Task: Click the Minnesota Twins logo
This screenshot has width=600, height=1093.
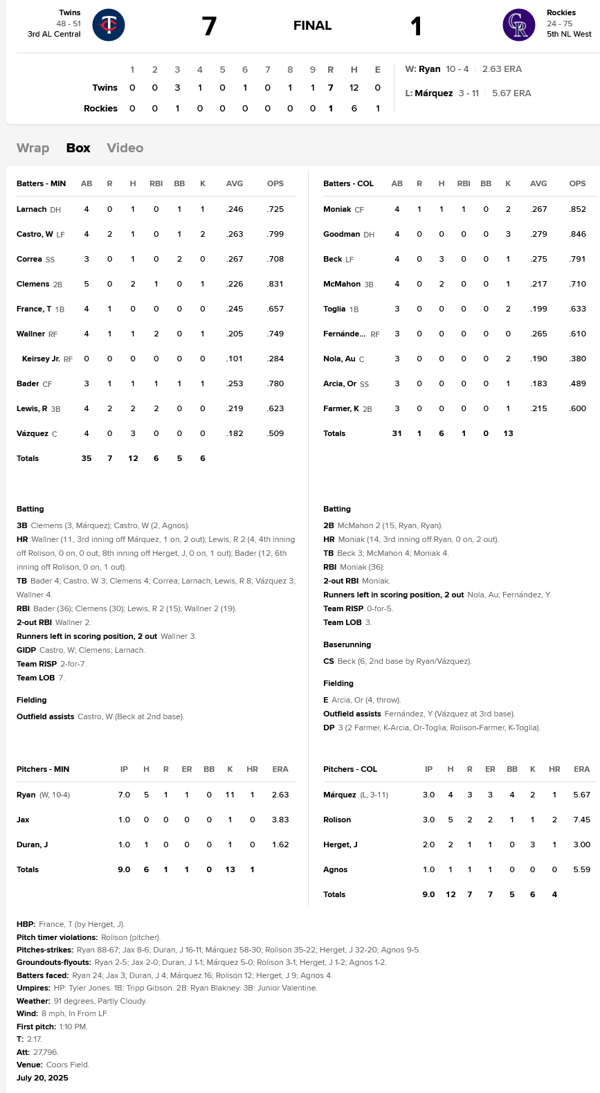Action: click(x=109, y=25)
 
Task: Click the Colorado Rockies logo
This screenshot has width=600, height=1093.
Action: click(x=518, y=25)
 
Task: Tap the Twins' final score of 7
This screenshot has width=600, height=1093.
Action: click(x=209, y=26)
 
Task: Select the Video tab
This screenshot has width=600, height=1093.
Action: click(x=125, y=148)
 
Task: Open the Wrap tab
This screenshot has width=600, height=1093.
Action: click(x=33, y=148)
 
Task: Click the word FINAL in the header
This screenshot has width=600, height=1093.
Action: click(x=312, y=26)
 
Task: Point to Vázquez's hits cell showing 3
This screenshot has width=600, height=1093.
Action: click(x=133, y=433)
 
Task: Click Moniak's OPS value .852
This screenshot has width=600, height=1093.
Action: click(x=577, y=209)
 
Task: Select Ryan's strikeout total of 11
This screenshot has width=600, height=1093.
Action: click(x=230, y=795)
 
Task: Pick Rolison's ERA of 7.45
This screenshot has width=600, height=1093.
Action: click(x=581, y=820)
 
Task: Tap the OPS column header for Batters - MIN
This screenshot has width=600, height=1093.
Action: click(x=275, y=183)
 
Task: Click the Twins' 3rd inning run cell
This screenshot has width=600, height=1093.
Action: click(x=177, y=88)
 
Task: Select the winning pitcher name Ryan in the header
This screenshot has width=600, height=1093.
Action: click(x=430, y=69)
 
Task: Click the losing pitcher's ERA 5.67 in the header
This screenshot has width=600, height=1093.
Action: click(x=511, y=93)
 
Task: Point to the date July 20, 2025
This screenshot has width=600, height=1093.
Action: click(x=42, y=1078)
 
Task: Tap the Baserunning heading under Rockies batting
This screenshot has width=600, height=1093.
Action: click(x=347, y=644)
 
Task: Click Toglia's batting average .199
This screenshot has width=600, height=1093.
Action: click(x=538, y=309)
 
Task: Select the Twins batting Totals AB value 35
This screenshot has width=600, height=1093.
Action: click(x=87, y=458)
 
